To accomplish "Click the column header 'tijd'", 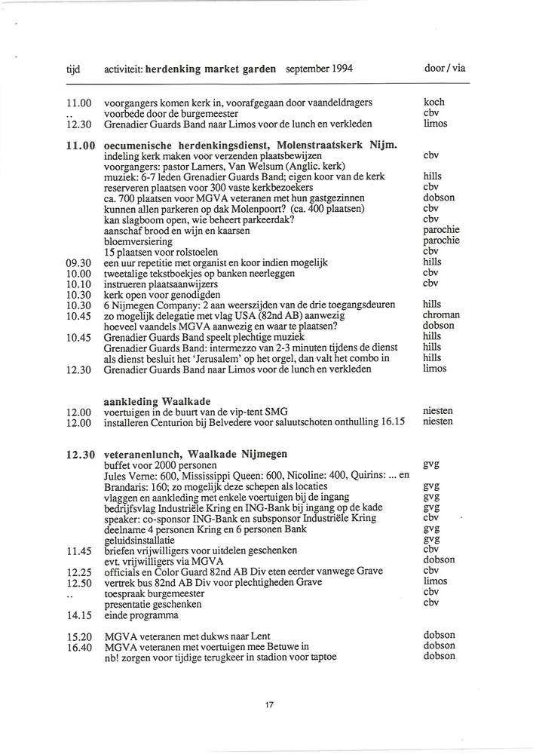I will pos(74,69).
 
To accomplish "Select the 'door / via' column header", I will pos(445,68).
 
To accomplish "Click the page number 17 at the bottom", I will pos(269,705).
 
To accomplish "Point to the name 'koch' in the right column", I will pos(434,102).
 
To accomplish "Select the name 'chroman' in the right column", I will pos(440,315).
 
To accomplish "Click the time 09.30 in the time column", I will pos(79,262).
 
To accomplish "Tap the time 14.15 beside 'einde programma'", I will pos(79,615).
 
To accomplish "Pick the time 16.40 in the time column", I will pos(79,646).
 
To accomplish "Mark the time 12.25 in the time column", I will pos(79,572).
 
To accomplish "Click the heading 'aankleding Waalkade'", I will pos(157,401).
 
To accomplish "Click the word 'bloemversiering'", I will pos(138,241).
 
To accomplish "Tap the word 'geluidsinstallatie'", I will pos(139,540).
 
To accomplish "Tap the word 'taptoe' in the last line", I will pos(321,657).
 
